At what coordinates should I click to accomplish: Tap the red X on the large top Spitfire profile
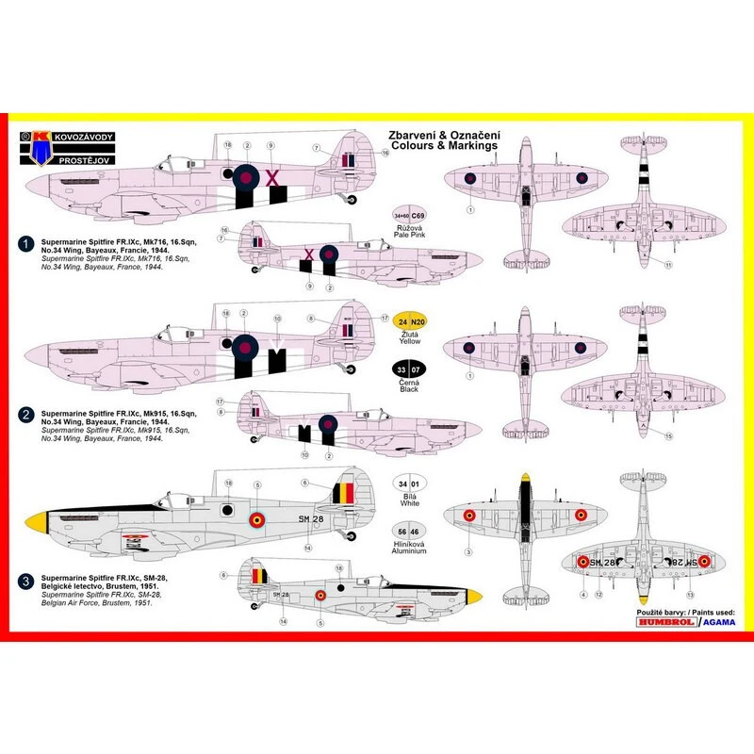[x=273, y=176]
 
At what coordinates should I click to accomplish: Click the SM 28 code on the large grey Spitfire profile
[x=310, y=519]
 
